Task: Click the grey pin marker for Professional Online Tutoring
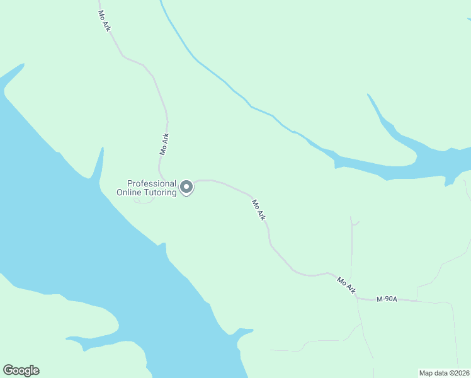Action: (x=186, y=187)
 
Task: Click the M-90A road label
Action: (x=387, y=299)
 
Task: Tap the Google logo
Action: (x=21, y=370)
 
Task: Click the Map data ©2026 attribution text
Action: (x=444, y=373)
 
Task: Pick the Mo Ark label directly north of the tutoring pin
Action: (x=165, y=144)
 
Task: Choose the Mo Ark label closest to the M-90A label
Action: (x=346, y=285)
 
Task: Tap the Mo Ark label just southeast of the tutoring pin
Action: (x=259, y=210)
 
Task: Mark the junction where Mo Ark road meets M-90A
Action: (x=356, y=295)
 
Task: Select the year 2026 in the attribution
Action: (x=460, y=373)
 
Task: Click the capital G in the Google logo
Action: (x=8, y=370)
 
